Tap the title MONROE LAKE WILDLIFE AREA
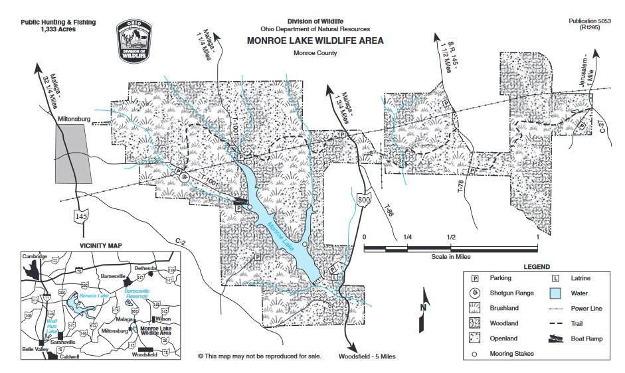click(315, 40)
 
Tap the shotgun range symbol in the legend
click(476, 293)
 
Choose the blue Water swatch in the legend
click(556, 293)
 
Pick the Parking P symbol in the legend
click(476, 278)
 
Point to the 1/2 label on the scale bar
click(451, 237)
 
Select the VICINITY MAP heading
click(101, 245)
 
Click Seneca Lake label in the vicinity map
click(92, 295)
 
